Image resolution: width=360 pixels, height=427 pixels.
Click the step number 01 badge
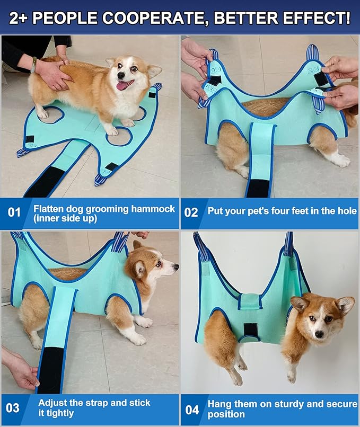click(x=14, y=213)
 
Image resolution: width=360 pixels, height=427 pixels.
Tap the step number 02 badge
click(x=191, y=213)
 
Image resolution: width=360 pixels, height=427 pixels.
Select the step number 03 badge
click(x=13, y=408)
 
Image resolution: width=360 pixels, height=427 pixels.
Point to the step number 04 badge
click(x=192, y=410)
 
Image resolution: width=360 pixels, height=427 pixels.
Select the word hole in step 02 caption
click(x=346, y=211)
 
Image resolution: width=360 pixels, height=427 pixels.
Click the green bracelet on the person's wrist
click(x=34, y=64)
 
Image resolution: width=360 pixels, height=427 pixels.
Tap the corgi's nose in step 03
click(x=175, y=269)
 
